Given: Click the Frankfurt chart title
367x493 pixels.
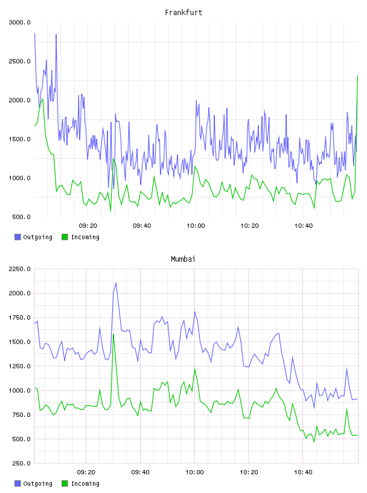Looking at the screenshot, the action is tap(183, 12).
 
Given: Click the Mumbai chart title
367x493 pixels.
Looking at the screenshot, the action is tap(183, 259).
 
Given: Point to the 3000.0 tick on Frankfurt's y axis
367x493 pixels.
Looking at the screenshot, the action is tap(20, 22).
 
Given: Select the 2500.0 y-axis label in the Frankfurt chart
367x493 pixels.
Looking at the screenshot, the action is tap(20, 61).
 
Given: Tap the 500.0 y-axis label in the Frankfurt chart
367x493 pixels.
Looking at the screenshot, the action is tap(21, 217).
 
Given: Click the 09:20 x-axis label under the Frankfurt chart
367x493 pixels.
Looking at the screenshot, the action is tap(88, 226).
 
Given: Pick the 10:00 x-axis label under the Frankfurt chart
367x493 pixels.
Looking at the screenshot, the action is tap(196, 226).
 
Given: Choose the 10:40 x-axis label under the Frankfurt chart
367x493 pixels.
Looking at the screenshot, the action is tap(304, 226).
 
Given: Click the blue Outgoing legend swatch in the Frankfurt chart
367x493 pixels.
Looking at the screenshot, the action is tap(18, 237).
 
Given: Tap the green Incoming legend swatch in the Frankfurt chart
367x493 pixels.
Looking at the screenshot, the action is tap(65, 237).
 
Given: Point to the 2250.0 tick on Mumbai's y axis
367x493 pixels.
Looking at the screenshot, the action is tap(20, 269).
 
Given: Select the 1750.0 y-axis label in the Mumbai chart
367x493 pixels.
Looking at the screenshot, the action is tap(20, 318).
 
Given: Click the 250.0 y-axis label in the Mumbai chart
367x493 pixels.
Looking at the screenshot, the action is tap(21, 463).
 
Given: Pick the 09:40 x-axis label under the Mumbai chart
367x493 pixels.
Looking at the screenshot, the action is tap(141, 472).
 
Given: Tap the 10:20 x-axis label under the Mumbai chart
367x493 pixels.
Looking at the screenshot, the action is tap(249, 472).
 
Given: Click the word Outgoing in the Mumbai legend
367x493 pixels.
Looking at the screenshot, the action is tap(37, 483).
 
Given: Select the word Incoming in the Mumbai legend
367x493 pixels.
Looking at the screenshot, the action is tap(85, 483).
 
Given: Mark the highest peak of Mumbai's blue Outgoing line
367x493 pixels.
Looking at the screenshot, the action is tap(116, 283).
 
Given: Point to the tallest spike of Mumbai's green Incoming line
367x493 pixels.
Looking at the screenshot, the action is tap(113, 334).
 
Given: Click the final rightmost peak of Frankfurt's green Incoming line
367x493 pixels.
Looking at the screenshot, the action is tap(357, 76).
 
